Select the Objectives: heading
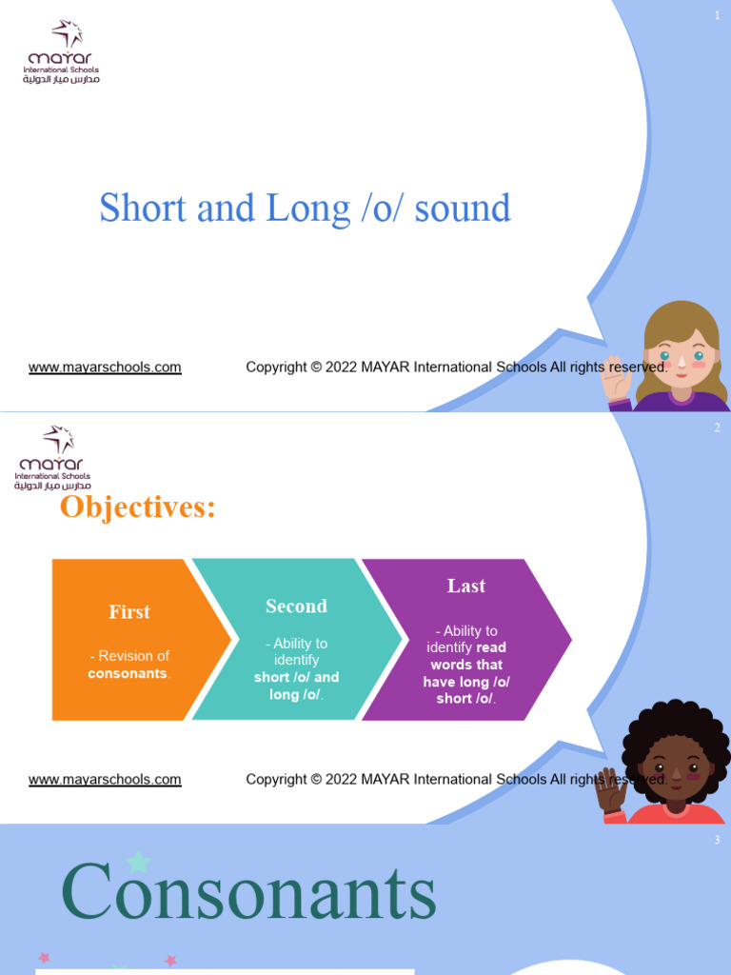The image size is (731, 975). pos(138,507)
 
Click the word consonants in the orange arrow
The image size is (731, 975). pos(128,674)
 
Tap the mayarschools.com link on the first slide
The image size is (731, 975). pos(105,368)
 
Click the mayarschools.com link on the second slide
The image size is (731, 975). pos(105,780)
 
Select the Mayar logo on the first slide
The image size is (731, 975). pos(62,52)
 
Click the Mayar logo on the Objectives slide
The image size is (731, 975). pos(53,458)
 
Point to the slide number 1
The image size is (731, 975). pos(717,16)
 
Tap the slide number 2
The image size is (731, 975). pos(717,428)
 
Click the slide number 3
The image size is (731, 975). pos(717,840)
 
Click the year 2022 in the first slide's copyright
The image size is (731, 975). pos(341,368)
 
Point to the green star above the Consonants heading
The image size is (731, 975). pos(139,862)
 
